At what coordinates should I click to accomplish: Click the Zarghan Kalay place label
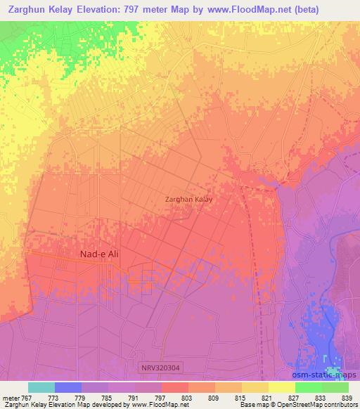coord(188,199)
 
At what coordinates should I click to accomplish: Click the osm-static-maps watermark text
coord(318,376)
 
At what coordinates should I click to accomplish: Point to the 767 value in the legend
coord(27,398)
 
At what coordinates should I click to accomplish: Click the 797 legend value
coord(160,398)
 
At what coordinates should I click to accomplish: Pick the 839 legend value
coord(347,398)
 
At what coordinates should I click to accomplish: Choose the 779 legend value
coord(80,398)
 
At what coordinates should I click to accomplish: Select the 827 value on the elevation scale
coord(294,398)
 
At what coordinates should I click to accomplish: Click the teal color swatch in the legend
coord(41,387)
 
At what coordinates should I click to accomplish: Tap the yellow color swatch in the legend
coord(282,387)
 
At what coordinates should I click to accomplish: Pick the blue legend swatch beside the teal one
coord(68,387)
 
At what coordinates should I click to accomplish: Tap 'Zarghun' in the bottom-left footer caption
coord(15,405)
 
